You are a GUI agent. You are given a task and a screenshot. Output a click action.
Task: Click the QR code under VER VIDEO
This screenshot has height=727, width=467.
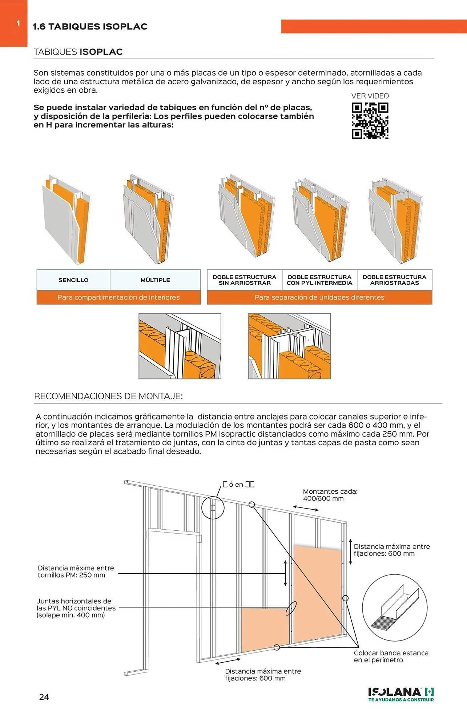point(370,121)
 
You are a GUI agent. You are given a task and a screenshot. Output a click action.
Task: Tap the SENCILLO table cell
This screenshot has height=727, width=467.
point(73,280)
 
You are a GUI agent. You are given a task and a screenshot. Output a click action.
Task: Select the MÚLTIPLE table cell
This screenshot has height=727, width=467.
point(155,280)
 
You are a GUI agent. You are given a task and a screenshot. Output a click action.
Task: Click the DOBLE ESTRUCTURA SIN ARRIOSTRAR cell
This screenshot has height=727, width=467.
point(245,280)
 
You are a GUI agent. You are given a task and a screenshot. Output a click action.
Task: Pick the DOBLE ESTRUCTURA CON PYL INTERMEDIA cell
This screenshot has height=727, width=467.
point(319,280)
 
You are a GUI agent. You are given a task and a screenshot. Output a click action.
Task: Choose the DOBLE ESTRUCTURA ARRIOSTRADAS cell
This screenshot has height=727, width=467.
point(394,280)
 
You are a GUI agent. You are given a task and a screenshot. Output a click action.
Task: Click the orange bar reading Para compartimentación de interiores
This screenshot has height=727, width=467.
point(118,297)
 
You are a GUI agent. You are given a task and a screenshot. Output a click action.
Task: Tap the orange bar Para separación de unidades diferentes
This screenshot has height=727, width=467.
point(319,297)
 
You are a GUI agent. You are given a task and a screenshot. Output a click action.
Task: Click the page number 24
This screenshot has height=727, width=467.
point(44,697)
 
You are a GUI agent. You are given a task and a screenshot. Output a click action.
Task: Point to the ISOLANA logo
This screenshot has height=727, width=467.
point(401,694)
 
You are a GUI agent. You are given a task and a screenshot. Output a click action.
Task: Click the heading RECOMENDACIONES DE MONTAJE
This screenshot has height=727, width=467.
point(108,396)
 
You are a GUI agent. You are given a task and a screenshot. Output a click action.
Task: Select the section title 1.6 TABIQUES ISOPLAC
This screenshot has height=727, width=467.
point(90,27)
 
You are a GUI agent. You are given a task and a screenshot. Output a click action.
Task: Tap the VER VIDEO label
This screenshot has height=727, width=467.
point(370,96)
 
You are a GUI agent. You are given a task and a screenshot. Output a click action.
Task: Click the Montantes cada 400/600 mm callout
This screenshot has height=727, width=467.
point(330,495)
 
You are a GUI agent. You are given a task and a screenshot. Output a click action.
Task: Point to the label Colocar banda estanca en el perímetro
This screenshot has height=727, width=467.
point(391,656)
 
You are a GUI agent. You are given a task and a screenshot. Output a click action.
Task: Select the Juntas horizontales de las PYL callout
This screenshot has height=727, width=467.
point(76,608)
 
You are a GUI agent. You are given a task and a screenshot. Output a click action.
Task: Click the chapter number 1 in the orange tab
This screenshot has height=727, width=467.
point(18,24)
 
